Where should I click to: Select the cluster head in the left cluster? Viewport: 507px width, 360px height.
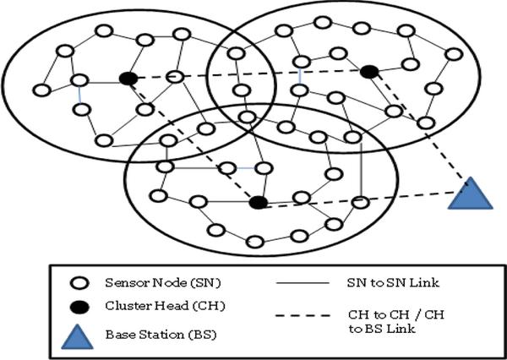pyautogui.click(x=128, y=79)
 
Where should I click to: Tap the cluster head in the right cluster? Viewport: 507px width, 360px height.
pyautogui.click(x=368, y=73)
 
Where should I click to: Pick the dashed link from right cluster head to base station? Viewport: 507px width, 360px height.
pyautogui.click(x=418, y=132)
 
